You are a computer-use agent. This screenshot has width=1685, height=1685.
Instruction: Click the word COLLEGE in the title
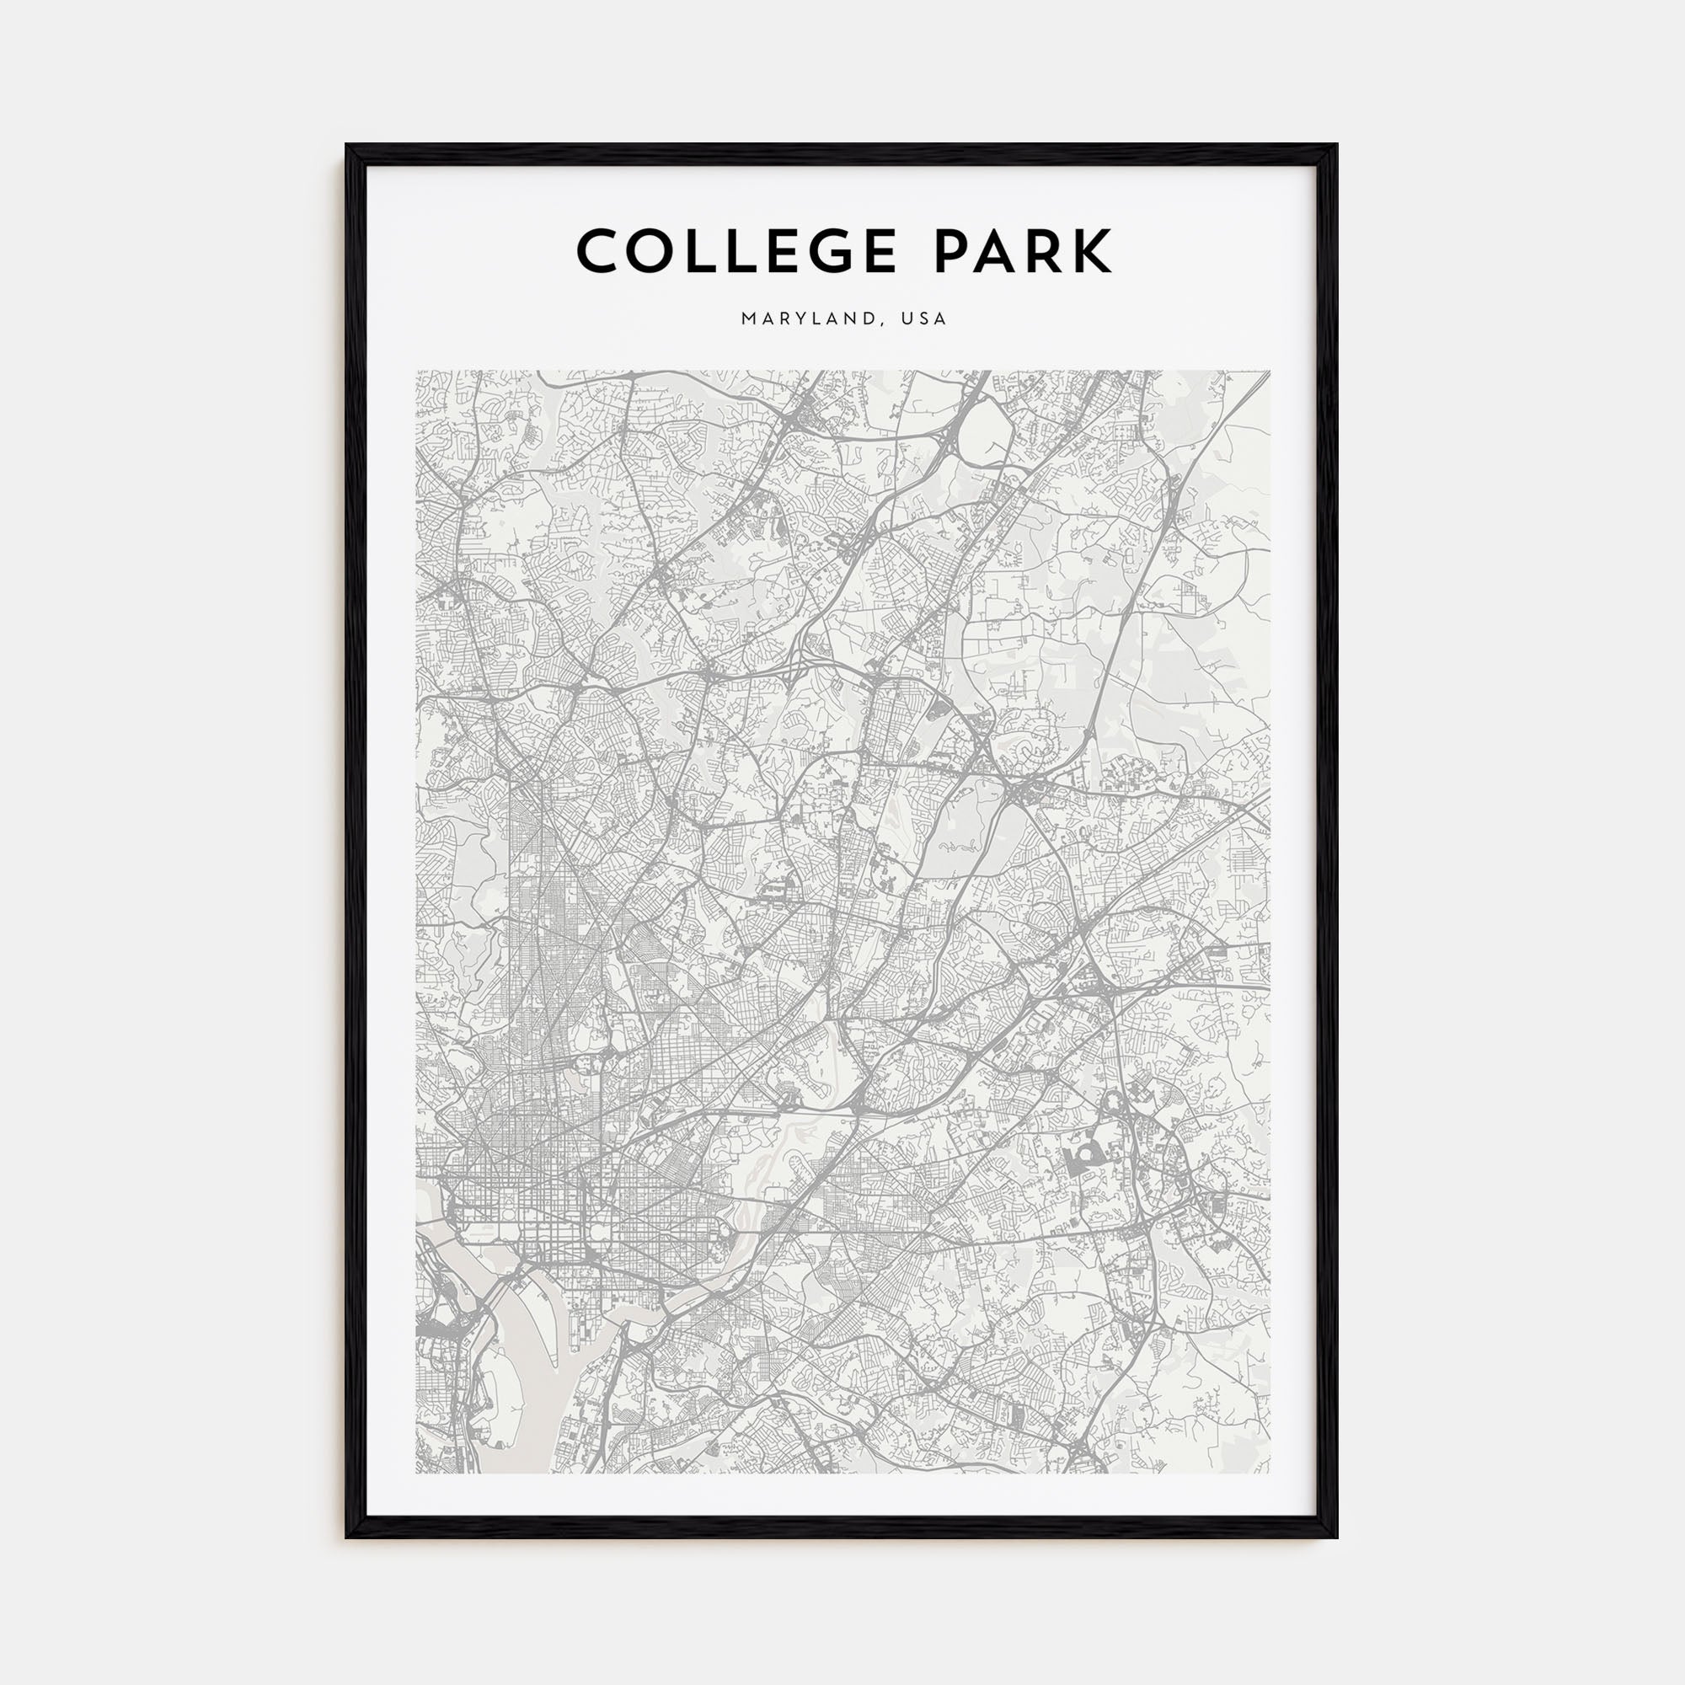pyautogui.click(x=736, y=251)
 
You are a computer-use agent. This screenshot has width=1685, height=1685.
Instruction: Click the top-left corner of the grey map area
pyautogui.click(x=416, y=371)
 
